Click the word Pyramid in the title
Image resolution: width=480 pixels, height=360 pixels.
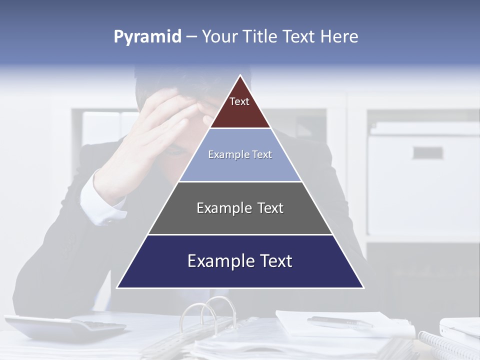147,37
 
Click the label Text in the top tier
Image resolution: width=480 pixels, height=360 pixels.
239,101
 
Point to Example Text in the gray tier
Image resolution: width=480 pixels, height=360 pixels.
240,208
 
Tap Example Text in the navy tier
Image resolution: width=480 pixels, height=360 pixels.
240,261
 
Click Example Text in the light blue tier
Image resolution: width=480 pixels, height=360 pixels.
240,154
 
